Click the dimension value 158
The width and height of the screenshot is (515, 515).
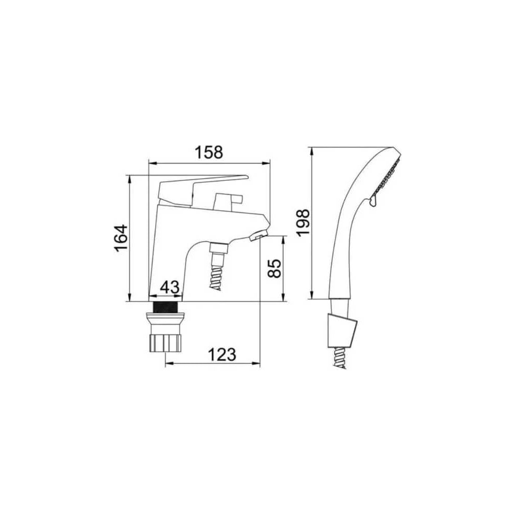coord(209,152)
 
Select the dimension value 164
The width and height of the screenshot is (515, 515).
coord(121,238)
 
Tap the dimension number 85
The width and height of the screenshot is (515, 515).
coord(274,268)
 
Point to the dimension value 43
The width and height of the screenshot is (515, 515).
coord(170,287)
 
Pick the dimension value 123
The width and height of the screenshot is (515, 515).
coord(222,355)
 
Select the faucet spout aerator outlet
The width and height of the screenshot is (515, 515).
coord(258,235)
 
